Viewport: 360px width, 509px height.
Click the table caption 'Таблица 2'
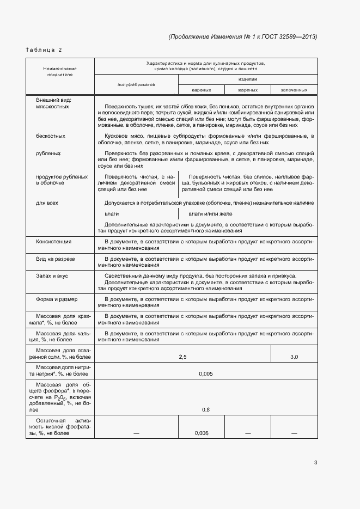(44, 50)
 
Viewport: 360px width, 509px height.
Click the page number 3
(315, 463)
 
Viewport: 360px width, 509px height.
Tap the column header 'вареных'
(201, 90)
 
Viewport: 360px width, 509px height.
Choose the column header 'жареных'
(248, 90)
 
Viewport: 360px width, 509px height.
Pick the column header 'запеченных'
(294, 90)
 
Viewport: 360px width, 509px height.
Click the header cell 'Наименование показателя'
(60, 71)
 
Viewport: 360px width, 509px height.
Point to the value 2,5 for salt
(182, 357)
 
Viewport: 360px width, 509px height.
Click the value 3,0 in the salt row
(294, 357)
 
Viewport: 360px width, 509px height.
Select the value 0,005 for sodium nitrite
(206, 374)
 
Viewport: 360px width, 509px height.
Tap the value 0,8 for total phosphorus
(206, 409)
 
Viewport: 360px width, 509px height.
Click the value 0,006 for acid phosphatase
(201, 433)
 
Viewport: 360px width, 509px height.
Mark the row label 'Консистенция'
(53, 241)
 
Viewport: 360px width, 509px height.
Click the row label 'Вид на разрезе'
(56, 259)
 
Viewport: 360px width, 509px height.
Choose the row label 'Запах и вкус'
(52, 276)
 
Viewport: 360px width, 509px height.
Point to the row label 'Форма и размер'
(57, 299)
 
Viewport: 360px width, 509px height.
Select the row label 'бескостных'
(51, 136)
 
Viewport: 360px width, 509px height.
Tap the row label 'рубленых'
(48, 153)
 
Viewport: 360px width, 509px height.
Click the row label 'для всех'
(47, 203)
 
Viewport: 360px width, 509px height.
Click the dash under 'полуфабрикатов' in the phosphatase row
(136, 433)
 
